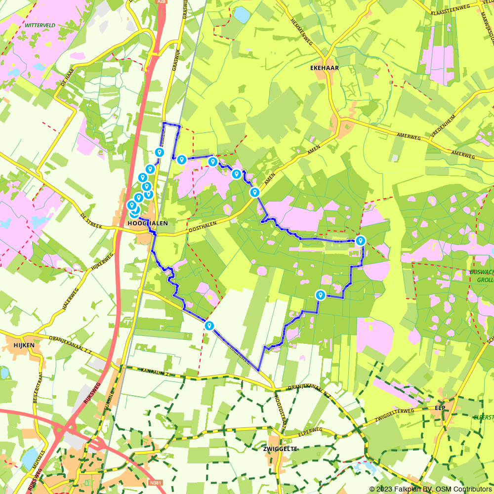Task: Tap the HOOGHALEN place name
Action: tap(148, 223)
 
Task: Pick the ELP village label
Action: tap(441, 408)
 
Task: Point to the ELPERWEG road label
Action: tap(310, 431)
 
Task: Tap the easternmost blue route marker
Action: tap(361, 241)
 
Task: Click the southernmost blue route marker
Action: tap(209, 326)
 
